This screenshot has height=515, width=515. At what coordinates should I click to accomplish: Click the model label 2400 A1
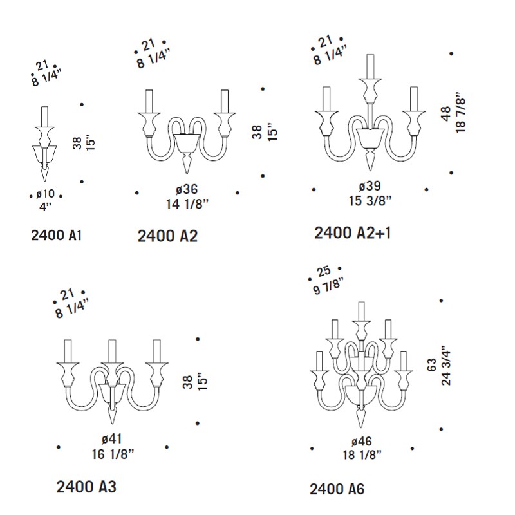click(56, 235)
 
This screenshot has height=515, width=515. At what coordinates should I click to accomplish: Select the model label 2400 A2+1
click(353, 233)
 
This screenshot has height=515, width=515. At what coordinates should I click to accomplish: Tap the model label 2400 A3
click(86, 487)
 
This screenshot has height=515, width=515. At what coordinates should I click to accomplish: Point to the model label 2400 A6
click(337, 489)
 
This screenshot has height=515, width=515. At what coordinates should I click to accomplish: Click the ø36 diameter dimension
click(187, 189)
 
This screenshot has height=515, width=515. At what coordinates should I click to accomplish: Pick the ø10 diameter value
click(45, 194)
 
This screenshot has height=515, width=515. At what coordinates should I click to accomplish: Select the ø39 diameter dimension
click(370, 186)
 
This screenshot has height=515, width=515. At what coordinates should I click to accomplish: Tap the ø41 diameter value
click(111, 438)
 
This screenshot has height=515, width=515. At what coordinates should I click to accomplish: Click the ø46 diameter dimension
click(361, 442)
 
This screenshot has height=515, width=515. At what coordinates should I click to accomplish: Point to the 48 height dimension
click(446, 114)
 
